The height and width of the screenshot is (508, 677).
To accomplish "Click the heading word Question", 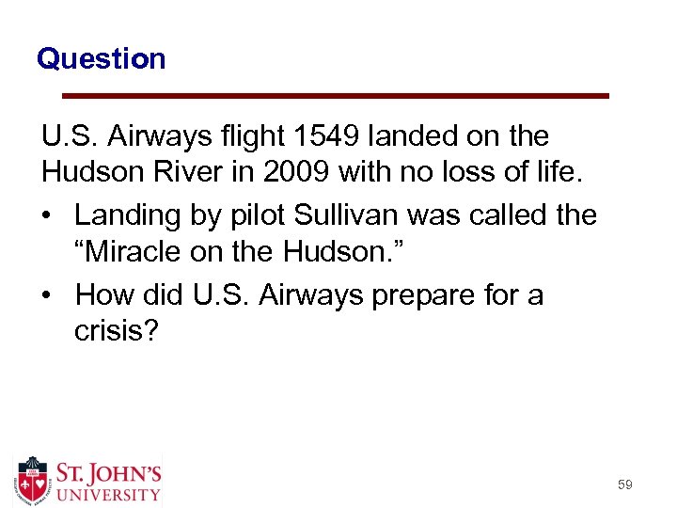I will [101, 59].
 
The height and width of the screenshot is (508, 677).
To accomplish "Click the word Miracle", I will [140, 255].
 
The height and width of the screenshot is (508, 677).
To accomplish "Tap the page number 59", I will [625, 484].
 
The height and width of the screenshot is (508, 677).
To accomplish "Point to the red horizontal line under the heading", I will [335, 95].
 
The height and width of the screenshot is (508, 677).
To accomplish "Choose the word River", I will [181, 176].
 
